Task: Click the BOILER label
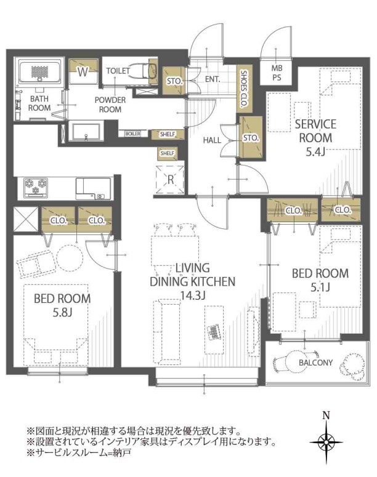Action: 133,134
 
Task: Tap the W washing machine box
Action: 83,71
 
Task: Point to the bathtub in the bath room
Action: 39,71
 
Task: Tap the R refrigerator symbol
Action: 170,180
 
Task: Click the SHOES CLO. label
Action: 244,89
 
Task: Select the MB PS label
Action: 277,73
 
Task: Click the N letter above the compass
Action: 326,415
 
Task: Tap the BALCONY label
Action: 315,363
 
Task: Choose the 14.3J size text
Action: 192,295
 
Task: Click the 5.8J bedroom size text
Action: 62,312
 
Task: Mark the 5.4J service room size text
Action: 315,151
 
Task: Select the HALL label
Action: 212,140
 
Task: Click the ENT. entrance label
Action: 213,79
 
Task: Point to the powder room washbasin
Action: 86,132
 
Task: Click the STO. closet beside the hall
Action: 251,137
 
